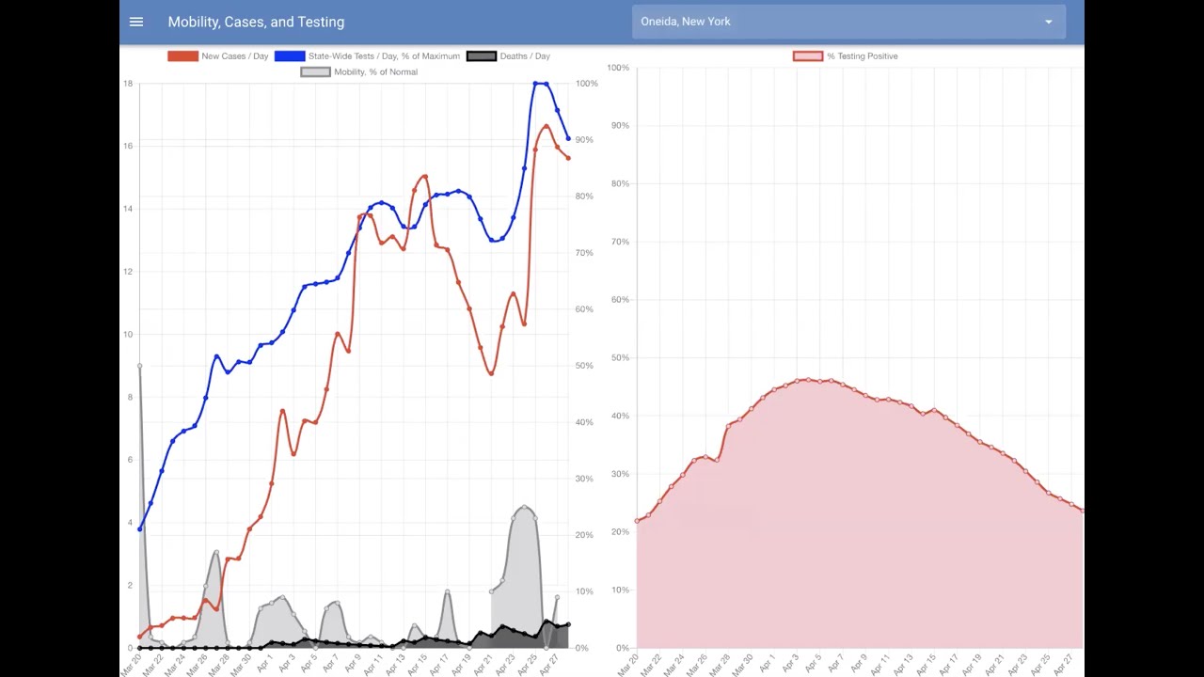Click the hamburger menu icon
[x=136, y=22]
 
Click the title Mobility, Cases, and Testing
[x=256, y=22]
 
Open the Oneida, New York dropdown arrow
[x=1048, y=22]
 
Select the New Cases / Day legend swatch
[x=182, y=56]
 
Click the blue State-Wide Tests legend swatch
[x=290, y=56]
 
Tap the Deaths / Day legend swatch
[x=482, y=56]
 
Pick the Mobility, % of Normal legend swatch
[x=315, y=72]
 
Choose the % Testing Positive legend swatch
[x=808, y=56]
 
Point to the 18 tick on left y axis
[x=128, y=84]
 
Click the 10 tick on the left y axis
[x=128, y=335]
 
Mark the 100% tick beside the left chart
[x=587, y=84]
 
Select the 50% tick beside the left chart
[x=585, y=366]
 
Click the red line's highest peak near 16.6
[x=547, y=126]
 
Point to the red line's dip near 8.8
[x=491, y=373]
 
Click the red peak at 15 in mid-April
[x=425, y=177]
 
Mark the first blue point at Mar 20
[x=140, y=528]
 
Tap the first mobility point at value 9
[x=140, y=366]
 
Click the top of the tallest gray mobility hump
[x=524, y=508]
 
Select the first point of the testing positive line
[x=638, y=520]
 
